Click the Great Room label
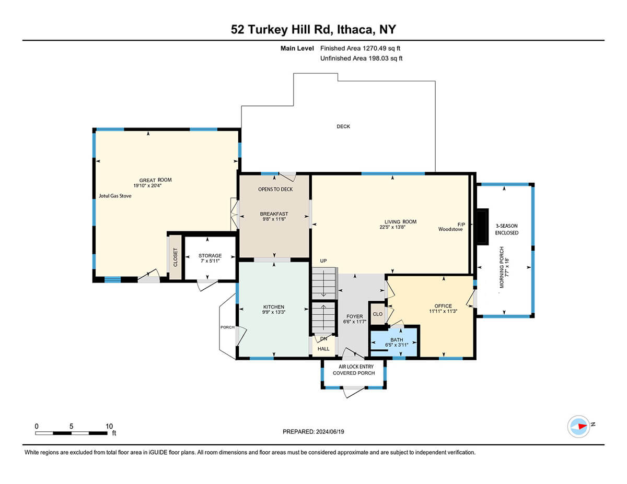tap(155, 180)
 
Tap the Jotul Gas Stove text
tap(115, 196)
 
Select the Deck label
tap(343, 126)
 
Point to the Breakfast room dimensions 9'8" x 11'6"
tap(274, 219)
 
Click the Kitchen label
tap(274, 307)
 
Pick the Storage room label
tap(210, 256)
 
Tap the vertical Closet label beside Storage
tap(176, 257)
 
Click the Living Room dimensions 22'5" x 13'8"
tap(392, 227)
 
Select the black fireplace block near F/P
tap(482, 227)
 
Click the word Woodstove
tap(450, 229)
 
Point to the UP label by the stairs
tap(323, 261)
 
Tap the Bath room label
tap(397, 340)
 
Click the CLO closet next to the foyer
tap(377, 314)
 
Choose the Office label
tap(443, 306)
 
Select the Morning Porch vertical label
tap(502, 267)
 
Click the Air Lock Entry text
tap(356, 367)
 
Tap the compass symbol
tap(578, 427)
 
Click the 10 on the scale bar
tap(109, 426)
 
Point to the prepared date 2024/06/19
tap(330, 432)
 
